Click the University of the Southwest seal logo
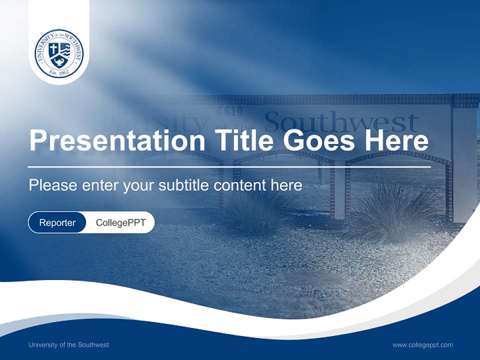[x=59, y=53]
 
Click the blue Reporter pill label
[x=57, y=222]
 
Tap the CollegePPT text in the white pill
[x=120, y=222]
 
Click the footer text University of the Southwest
[x=68, y=344]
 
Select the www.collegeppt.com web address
[x=422, y=344]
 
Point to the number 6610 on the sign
[x=230, y=111]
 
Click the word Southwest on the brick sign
[x=341, y=122]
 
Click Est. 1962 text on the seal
[x=59, y=73]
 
